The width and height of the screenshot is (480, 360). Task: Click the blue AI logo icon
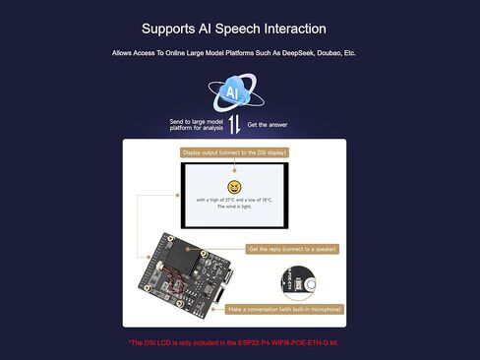coord(233,92)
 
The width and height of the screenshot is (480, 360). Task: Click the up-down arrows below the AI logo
coord(234,124)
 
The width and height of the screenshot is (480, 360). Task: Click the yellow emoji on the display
coord(234,187)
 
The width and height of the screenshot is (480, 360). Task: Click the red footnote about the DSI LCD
coord(240,342)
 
